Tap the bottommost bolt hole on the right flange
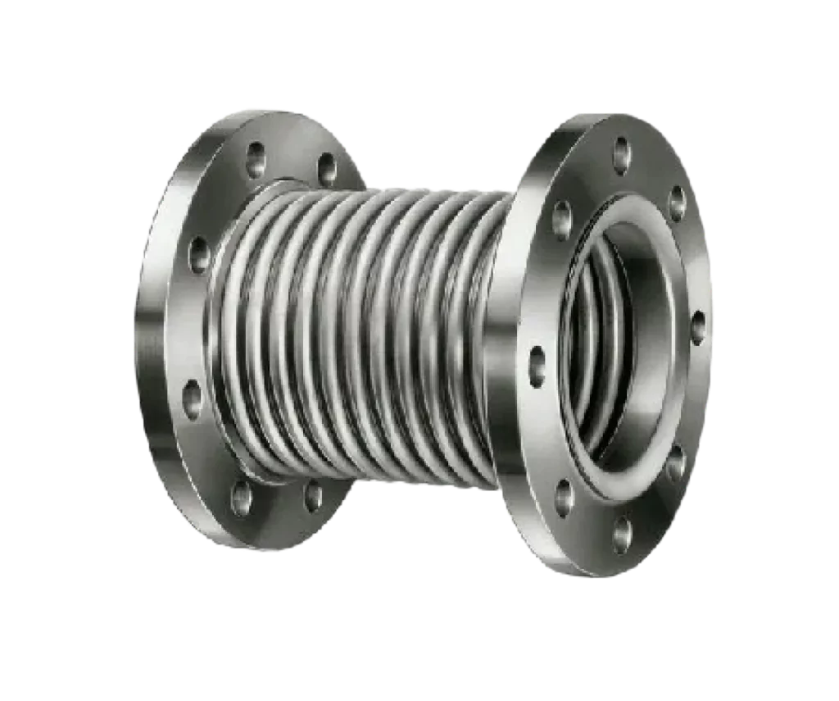coord(622,534)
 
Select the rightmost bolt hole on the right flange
coord(697,326)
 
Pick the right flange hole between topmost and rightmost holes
coord(677,202)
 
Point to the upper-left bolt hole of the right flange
coord(562,219)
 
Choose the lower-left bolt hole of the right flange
coord(564,497)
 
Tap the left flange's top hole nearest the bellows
coord(327,169)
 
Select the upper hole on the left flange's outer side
coord(199,254)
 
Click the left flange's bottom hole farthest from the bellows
coord(241,498)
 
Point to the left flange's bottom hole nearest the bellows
coord(313,495)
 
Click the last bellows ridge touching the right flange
coord(483,336)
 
